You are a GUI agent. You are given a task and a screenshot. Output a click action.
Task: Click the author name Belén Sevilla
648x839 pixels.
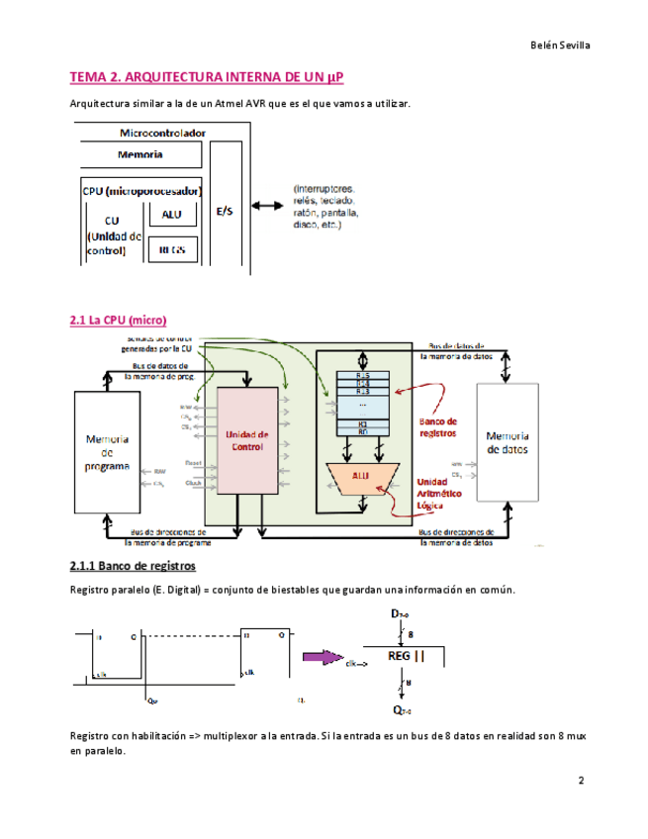561,45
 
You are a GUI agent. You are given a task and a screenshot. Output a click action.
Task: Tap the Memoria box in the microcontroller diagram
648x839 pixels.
140,155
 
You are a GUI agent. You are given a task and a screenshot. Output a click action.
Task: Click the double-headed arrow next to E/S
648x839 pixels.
266,206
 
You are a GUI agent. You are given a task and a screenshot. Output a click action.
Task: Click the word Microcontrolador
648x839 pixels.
162,132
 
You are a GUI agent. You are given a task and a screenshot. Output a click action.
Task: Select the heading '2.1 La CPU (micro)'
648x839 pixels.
118,320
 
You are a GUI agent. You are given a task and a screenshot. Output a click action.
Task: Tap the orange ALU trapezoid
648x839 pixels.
362,477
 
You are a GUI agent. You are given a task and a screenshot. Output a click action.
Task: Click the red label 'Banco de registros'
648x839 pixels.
437,427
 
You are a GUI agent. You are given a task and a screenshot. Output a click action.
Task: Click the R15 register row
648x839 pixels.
363,377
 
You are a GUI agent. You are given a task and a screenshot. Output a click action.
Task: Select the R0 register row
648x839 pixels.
363,431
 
